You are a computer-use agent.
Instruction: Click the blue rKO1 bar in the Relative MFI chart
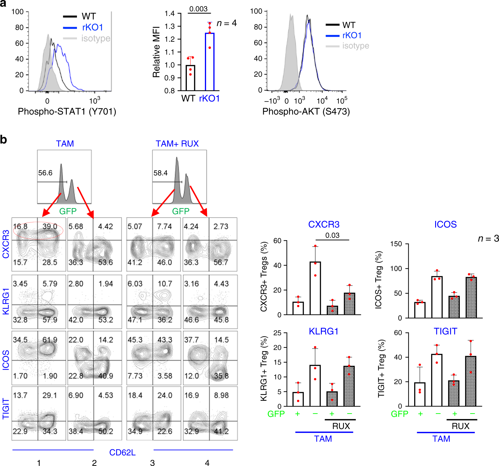tap(210, 62)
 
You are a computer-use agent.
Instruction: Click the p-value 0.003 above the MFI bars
tap(198, 9)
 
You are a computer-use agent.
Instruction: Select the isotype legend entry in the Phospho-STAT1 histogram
tap(96, 38)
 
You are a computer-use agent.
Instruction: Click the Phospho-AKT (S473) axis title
tap(306, 111)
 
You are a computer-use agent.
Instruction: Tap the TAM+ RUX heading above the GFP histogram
tap(177, 143)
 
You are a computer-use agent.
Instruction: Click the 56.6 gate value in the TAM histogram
tap(45, 173)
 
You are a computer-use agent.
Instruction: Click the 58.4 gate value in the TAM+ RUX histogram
tap(160, 173)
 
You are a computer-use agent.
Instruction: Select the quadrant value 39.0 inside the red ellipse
tap(50, 226)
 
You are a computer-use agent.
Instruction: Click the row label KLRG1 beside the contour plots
tap(6, 301)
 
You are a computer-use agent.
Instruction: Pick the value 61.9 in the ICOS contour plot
tap(50, 340)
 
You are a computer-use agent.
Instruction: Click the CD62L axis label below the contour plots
tap(122, 452)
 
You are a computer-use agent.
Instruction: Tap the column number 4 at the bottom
tap(207, 463)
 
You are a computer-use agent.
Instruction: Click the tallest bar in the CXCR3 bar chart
tap(315, 288)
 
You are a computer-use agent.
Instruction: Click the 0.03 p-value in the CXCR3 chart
tap(332, 235)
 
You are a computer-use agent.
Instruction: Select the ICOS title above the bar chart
tap(445, 224)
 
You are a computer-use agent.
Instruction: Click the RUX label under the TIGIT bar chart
tap(460, 426)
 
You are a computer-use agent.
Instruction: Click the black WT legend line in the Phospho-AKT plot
tap(332, 25)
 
